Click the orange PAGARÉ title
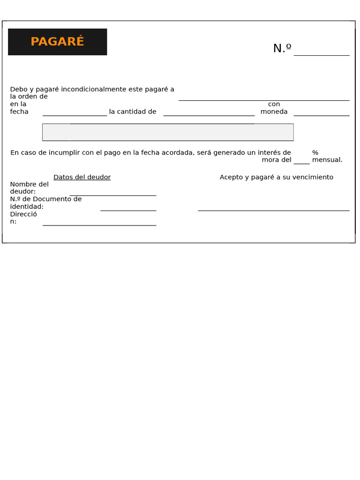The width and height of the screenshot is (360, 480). click(x=57, y=42)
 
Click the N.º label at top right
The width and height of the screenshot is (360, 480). click(x=282, y=48)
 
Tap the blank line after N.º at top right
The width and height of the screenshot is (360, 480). click(x=321, y=54)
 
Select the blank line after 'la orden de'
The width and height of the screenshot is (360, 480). click(x=263, y=99)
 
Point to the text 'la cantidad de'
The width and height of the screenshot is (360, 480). click(x=133, y=112)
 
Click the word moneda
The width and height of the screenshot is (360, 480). click(x=274, y=112)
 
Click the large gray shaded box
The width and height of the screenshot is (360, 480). click(x=168, y=132)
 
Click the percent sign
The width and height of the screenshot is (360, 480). click(x=315, y=152)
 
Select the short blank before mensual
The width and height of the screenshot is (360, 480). click(x=301, y=163)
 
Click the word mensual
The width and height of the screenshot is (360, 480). click(x=327, y=160)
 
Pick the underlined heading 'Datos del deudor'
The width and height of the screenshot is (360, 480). click(x=82, y=177)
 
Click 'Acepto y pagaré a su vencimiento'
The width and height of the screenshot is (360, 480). click(x=277, y=177)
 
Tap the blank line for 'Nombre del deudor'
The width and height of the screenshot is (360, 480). click(x=112, y=195)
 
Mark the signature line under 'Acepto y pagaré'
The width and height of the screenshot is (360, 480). click(x=273, y=210)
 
